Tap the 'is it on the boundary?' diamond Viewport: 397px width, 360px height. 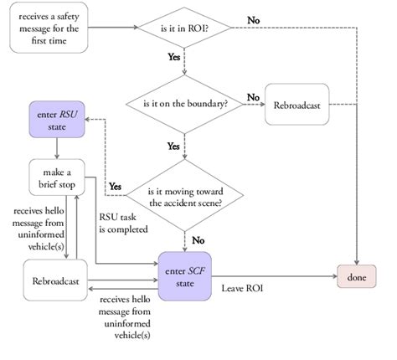tap(185, 105)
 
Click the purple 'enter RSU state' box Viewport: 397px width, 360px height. tap(56, 118)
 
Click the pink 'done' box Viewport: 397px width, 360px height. tap(357, 275)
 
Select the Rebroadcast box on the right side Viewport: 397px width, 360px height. tap(297, 105)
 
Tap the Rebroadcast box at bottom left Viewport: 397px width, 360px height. tap(55, 282)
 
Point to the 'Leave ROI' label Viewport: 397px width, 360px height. tap(244, 288)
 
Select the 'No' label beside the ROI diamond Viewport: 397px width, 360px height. tap(252, 18)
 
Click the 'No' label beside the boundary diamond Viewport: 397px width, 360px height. tap(251, 96)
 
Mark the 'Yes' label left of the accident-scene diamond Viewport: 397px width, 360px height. tap(116, 185)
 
